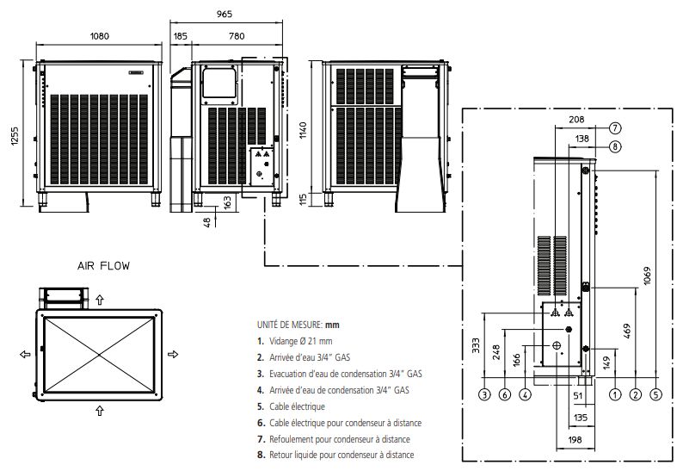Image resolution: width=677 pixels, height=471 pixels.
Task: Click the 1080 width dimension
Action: click(x=100, y=36)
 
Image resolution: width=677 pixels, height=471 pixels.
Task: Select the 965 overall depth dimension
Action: click(x=224, y=15)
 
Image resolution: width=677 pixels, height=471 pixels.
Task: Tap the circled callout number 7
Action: click(x=615, y=127)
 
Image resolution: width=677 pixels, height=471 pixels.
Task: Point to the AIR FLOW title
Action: click(x=102, y=266)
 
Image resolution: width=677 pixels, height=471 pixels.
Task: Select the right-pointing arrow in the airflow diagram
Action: click(x=173, y=354)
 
